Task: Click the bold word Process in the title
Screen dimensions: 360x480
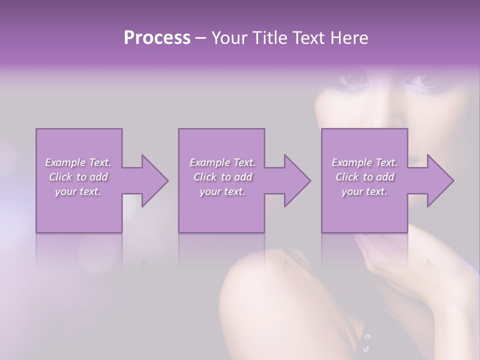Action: click(x=157, y=37)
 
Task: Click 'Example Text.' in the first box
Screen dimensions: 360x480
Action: click(x=78, y=162)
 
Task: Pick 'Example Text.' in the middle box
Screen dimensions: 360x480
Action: click(x=222, y=162)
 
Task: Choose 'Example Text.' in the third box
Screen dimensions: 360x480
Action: click(x=364, y=162)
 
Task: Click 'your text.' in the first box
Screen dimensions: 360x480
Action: click(x=78, y=191)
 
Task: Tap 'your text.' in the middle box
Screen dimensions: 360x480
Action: click(x=222, y=191)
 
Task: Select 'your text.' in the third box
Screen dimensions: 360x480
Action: click(x=364, y=191)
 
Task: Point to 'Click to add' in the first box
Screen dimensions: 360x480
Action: click(x=78, y=177)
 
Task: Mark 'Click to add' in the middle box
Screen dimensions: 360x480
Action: click(x=222, y=177)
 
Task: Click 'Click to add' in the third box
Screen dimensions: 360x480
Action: click(x=364, y=177)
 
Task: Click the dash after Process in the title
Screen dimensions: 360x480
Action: click(x=201, y=38)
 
